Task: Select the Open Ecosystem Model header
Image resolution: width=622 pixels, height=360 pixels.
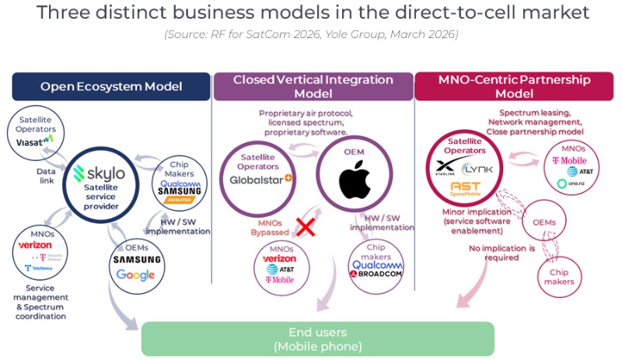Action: coord(111,86)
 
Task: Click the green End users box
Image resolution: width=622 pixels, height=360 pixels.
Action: coord(317,338)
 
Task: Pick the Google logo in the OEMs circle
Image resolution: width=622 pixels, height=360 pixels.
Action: coord(135,274)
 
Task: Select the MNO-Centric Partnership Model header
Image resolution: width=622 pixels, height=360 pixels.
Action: coord(513,86)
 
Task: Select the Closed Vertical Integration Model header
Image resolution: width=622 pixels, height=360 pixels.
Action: coord(313,86)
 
